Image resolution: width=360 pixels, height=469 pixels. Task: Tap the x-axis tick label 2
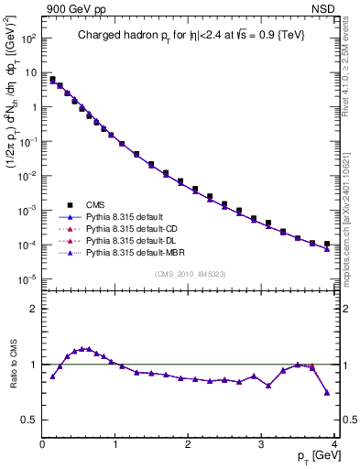click(x=189, y=445)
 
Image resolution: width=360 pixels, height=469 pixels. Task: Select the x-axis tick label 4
click(x=335, y=445)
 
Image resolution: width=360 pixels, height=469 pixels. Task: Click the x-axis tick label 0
click(x=43, y=445)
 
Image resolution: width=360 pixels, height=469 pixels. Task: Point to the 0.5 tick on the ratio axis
click(x=32, y=420)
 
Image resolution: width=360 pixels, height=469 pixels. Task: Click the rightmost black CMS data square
click(x=327, y=244)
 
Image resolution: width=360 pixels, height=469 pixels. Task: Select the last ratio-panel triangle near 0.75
click(x=327, y=393)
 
